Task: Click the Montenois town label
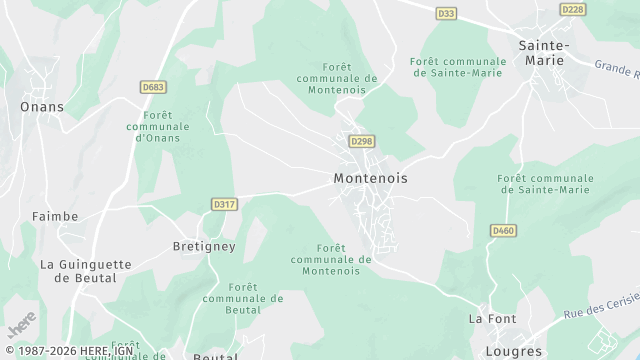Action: (370, 177)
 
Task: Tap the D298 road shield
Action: (362, 142)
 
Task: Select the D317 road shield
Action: (225, 204)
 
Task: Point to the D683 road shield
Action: (153, 87)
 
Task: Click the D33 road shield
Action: (447, 13)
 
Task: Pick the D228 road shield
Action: (573, 9)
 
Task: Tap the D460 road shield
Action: (503, 231)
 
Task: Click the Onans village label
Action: (42, 106)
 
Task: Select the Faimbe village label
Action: (55, 215)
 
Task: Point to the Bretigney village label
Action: (204, 246)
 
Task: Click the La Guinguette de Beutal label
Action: (85, 271)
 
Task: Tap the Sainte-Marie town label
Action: (544, 53)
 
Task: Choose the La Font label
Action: (492, 319)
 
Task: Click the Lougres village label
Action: (512, 352)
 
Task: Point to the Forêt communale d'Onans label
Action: (158, 127)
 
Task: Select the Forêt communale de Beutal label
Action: (243, 298)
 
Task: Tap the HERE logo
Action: (21, 325)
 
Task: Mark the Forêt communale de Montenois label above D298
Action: (336, 78)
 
